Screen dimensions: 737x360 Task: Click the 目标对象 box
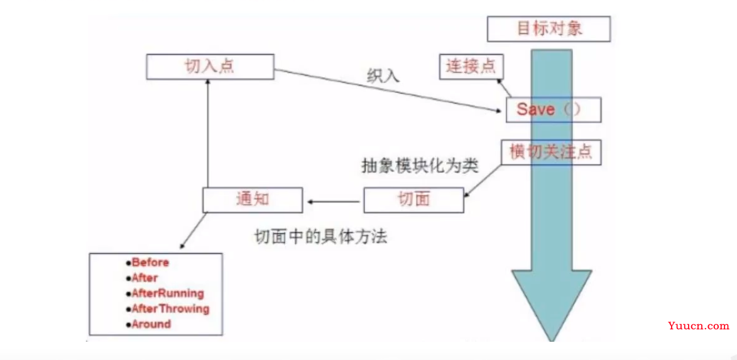pyautogui.click(x=549, y=29)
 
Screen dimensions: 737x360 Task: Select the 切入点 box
pyautogui.click(x=210, y=66)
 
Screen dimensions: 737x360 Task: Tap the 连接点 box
pyautogui.click(x=471, y=66)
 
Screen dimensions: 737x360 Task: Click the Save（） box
pyautogui.click(x=553, y=109)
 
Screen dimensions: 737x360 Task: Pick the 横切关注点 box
pyautogui.click(x=551, y=152)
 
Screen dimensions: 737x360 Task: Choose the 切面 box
pyautogui.click(x=413, y=200)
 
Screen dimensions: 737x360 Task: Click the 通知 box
pyautogui.click(x=253, y=200)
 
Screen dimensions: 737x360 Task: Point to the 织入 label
pyautogui.click(x=383, y=75)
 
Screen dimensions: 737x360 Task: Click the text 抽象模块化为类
pyautogui.click(x=420, y=166)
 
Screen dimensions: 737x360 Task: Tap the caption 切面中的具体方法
pyautogui.click(x=320, y=236)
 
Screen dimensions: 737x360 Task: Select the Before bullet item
pyautogui.click(x=147, y=263)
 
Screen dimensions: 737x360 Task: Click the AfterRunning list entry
pyautogui.click(x=165, y=294)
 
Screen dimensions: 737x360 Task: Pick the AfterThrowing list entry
pyautogui.click(x=167, y=308)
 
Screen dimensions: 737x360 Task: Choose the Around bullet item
pyautogui.click(x=148, y=324)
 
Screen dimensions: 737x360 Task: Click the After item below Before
pyautogui.click(x=141, y=278)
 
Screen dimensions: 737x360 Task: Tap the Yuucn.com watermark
pyautogui.click(x=698, y=326)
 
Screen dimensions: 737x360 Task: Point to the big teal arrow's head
pyautogui.click(x=552, y=305)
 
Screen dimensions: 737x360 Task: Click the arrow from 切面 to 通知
pyautogui.click(x=334, y=202)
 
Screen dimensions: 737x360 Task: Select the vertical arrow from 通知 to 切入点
pyautogui.click(x=207, y=133)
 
